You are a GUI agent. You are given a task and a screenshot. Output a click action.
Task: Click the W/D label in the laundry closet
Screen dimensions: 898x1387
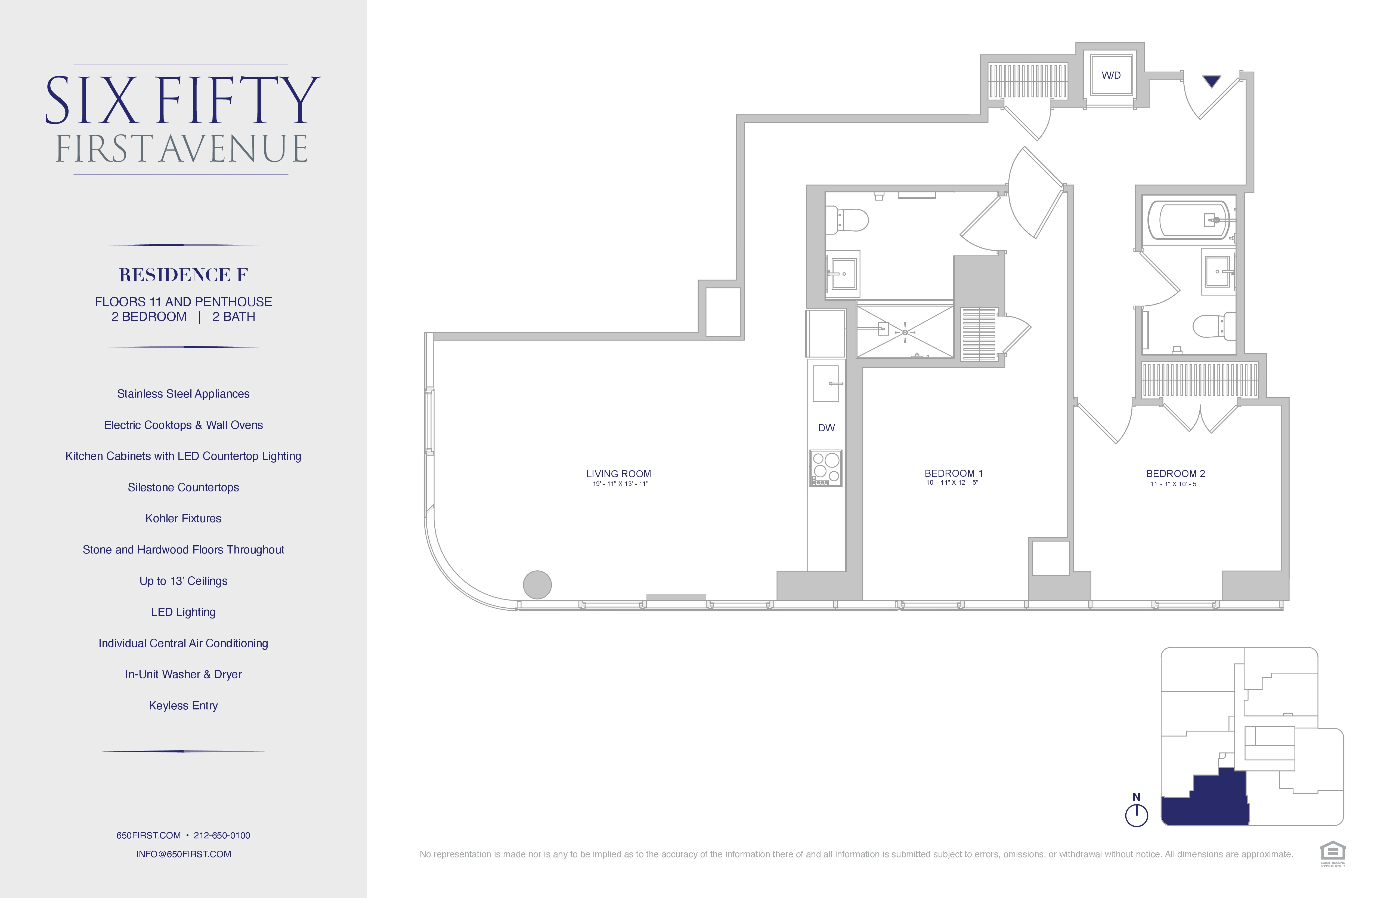point(1111,75)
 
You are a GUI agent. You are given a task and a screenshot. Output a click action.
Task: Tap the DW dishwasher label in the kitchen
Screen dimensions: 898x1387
point(826,428)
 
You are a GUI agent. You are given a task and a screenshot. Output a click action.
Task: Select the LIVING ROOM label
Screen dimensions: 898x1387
point(618,474)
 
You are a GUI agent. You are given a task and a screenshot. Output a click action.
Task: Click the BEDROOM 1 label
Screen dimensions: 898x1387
point(953,473)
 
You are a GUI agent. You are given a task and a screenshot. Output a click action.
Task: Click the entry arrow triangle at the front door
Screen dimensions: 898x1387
point(1212,81)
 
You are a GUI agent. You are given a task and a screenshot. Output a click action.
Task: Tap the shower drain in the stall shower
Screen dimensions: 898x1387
point(905,332)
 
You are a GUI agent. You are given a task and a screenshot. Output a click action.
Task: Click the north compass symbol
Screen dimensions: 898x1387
point(1137,813)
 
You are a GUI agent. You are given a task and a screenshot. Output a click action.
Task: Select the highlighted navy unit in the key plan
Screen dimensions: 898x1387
point(1212,802)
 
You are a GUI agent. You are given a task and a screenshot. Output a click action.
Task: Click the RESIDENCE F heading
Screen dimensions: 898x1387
point(184,275)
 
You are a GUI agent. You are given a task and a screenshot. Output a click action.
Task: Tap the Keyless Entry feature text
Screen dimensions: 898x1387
point(184,706)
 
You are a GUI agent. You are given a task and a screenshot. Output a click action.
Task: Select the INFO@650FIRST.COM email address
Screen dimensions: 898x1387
point(184,854)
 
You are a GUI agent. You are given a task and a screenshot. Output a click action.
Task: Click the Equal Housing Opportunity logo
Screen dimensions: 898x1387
point(1333,853)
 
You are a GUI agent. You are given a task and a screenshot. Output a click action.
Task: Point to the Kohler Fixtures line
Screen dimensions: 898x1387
point(184,518)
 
